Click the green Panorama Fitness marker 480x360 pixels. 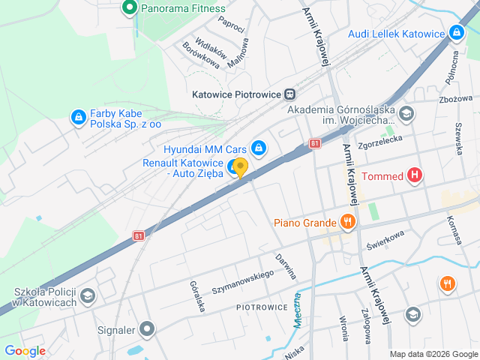tap(129, 8)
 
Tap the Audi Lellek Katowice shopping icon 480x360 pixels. tap(455, 33)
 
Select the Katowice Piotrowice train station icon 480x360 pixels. tap(289, 94)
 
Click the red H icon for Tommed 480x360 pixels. tap(415, 176)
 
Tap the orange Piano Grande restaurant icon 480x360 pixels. tap(346, 221)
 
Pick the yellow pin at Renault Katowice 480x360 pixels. tap(240, 167)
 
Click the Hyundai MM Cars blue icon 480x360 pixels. tap(259, 148)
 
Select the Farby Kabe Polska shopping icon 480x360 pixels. tap(78, 117)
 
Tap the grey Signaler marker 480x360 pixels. tap(147, 328)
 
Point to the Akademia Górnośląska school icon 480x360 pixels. tap(406, 115)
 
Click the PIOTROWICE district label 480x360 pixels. tap(262, 307)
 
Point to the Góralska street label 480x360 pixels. tap(198, 296)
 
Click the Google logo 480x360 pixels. tap(25, 350)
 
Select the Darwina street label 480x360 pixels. tap(286, 266)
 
